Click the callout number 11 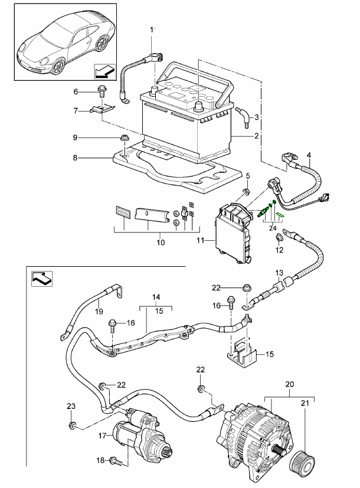(x=201, y=240)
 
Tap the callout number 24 (x=273, y=228)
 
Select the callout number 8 (x=75, y=158)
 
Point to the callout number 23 (x=71, y=406)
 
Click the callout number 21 (x=305, y=403)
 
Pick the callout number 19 (x=99, y=311)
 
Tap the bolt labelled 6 (x=102, y=91)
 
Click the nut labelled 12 (x=279, y=238)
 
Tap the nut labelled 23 (x=72, y=425)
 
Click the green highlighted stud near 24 (x=263, y=212)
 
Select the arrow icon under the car (x=104, y=71)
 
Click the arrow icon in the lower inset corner (x=42, y=279)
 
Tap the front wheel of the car (x=57, y=66)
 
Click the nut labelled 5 (x=246, y=191)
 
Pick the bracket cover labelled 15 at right (x=242, y=355)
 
